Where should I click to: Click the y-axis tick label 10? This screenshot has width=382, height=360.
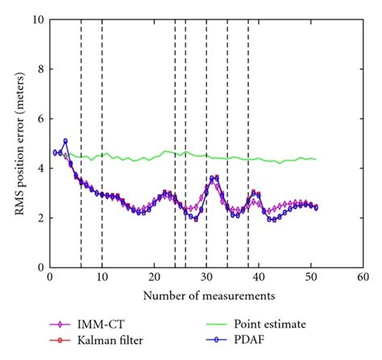pyautogui.click(x=36, y=19)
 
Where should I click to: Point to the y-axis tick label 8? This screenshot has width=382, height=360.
pyautogui.click(x=39, y=69)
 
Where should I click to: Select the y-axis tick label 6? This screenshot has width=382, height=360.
pyautogui.click(x=39, y=118)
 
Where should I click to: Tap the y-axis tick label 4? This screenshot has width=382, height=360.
pyautogui.click(x=39, y=168)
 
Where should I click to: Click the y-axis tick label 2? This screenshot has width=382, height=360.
pyautogui.click(x=39, y=217)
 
